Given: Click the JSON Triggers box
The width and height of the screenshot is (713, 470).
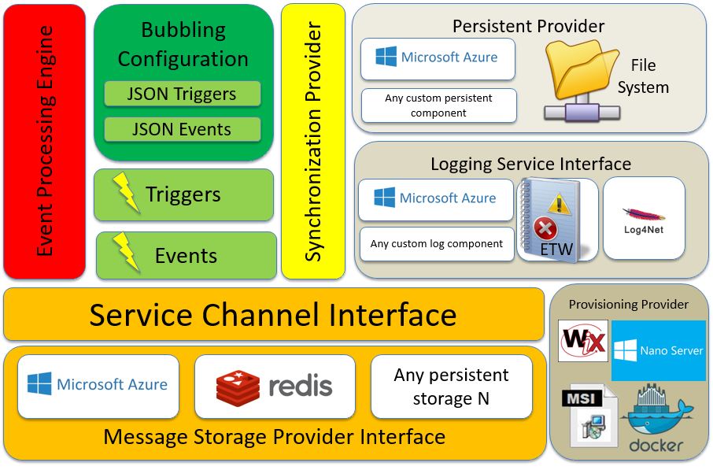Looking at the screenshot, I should (x=182, y=94).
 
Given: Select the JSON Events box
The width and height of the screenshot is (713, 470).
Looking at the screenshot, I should (x=182, y=129).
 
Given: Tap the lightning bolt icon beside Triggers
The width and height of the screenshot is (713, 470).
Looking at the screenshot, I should (x=126, y=192).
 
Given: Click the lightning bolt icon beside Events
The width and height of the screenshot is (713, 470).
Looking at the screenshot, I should (x=126, y=253).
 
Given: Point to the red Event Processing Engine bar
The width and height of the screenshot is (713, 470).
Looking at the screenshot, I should (x=44, y=142).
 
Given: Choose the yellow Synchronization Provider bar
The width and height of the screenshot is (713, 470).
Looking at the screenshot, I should (x=313, y=142).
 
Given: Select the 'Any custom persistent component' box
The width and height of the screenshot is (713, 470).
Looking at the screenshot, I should (x=438, y=105).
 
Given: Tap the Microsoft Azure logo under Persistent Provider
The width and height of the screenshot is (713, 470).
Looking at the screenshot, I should (x=438, y=58).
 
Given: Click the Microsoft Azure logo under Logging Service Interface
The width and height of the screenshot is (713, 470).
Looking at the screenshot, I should (x=436, y=199).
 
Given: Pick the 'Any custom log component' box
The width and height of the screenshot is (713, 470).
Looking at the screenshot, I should (x=437, y=244).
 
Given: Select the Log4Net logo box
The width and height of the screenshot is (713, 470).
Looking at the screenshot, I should (x=643, y=218).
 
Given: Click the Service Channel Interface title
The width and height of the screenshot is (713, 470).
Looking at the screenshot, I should (x=272, y=315).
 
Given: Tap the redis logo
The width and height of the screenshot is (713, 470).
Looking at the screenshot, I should (x=275, y=386).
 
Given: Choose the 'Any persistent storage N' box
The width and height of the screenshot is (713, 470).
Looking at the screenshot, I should (x=451, y=387).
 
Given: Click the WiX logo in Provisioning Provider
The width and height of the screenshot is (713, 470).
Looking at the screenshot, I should (x=583, y=342).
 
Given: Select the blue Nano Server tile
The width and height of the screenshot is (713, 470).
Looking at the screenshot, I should (x=659, y=350).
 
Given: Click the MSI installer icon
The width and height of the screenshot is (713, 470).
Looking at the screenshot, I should (x=590, y=416).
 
